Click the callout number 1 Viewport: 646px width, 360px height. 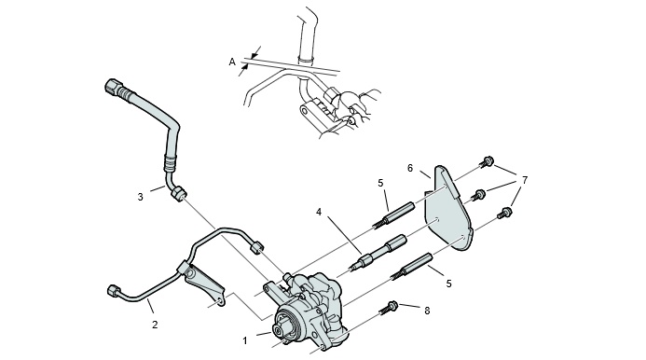(x=245, y=341)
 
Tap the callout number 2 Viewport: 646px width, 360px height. (x=155, y=325)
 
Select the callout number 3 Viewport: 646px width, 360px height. (x=141, y=197)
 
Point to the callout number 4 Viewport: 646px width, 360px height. (x=319, y=212)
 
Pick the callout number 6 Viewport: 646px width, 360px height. (x=410, y=168)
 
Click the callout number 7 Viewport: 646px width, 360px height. (x=525, y=180)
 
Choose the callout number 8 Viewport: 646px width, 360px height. (x=427, y=311)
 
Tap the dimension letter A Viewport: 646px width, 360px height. (x=232, y=62)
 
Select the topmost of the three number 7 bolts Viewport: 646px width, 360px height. (x=488, y=161)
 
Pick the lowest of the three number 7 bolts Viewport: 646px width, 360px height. (x=505, y=213)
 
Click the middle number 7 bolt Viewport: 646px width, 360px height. (x=479, y=194)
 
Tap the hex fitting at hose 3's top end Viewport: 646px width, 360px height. (x=113, y=87)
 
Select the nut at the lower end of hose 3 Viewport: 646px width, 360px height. (x=178, y=193)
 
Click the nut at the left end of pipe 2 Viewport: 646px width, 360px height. (x=113, y=290)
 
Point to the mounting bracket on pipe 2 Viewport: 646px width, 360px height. (x=203, y=284)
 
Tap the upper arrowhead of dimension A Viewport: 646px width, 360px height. (x=255, y=52)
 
